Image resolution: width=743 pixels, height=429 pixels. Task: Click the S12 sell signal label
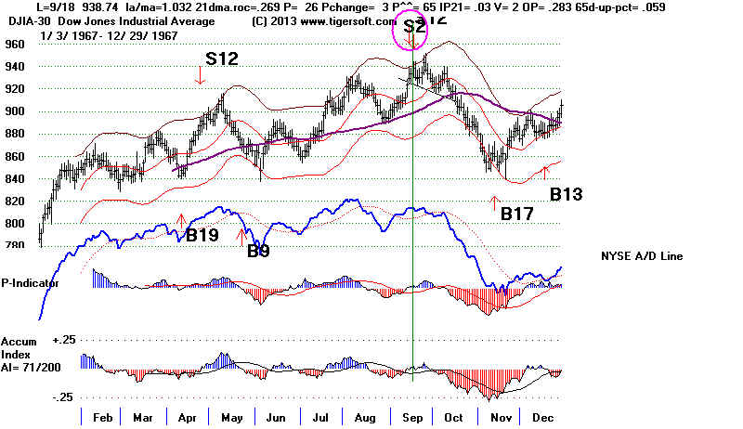click(222, 58)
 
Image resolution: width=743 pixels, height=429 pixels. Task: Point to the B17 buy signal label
click(518, 214)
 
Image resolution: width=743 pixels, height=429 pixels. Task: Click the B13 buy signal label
click(567, 195)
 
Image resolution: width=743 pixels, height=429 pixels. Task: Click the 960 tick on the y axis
click(14, 44)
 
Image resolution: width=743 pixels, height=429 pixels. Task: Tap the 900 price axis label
click(14, 111)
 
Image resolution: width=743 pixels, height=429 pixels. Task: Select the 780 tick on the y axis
click(14, 245)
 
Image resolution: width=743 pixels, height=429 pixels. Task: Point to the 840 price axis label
click(14, 178)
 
